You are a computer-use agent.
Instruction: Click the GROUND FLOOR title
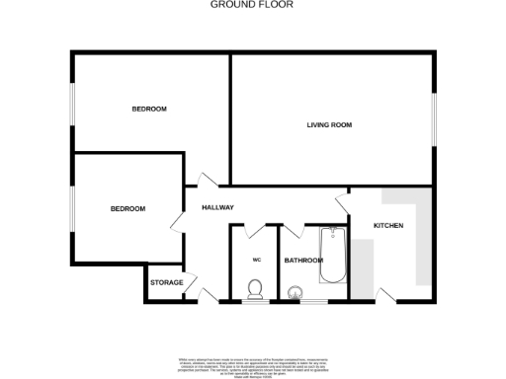pos(252,5)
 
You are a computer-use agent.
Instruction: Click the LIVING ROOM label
pos(329,125)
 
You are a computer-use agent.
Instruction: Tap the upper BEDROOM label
pos(149,109)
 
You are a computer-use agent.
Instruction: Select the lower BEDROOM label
pos(127,208)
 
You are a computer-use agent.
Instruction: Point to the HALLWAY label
pos(217,207)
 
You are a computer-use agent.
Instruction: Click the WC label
pos(255,260)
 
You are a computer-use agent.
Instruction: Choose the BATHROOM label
pos(303,261)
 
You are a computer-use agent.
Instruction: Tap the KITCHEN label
pos(388,227)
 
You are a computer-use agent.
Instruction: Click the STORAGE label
pos(166,283)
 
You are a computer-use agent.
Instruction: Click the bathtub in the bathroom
pos(333,255)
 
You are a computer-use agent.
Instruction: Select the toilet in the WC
pos(255,289)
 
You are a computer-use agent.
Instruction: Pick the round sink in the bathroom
pos(295,293)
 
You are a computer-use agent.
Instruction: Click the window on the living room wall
pos(432,120)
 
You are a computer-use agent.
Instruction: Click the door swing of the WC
pos(255,231)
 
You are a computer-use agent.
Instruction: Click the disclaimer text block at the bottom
pos(252,356)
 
